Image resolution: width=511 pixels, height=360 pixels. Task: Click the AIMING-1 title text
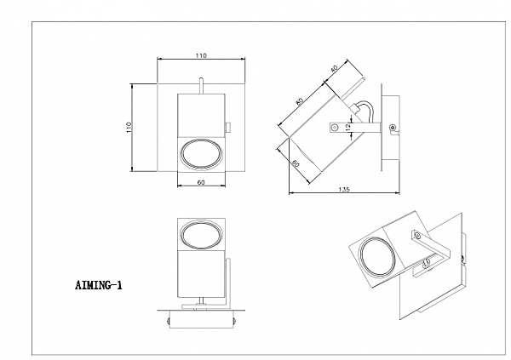pos(99,285)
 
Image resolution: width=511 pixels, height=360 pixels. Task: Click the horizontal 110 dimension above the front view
pos(201,55)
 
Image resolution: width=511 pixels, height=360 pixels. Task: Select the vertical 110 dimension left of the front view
pos(129,127)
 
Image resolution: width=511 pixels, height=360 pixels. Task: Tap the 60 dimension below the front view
pos(201,182)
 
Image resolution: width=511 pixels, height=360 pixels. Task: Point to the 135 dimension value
pos(344,189)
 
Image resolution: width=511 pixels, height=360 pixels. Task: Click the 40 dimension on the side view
pos(334,69)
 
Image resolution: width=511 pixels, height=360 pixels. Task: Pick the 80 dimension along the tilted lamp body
pos(300,101)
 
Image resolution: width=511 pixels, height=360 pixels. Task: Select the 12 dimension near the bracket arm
pos(348,127)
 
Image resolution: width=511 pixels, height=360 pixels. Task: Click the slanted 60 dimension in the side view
pos(296,163)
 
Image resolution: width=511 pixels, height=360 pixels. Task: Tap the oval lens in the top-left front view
pos(201,154)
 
